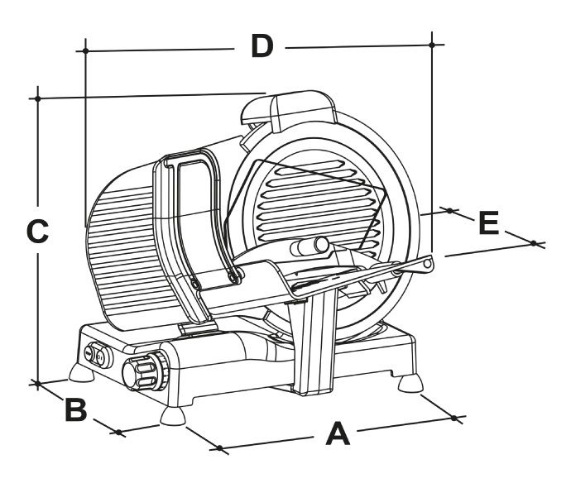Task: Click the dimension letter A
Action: (x=338, y=433)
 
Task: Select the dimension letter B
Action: (x=75, y=409)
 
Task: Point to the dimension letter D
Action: (x=262, y=47)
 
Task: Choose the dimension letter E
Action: (x=489, y=223)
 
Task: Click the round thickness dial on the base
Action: (x=144, y=369)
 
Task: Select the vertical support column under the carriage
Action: (x=315, y=343)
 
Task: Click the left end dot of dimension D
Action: (x=85, y=50)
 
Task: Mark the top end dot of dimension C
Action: (x=37, y=98)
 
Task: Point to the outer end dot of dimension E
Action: (x=534, y=243)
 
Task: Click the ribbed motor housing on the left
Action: (x=124, y=248)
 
